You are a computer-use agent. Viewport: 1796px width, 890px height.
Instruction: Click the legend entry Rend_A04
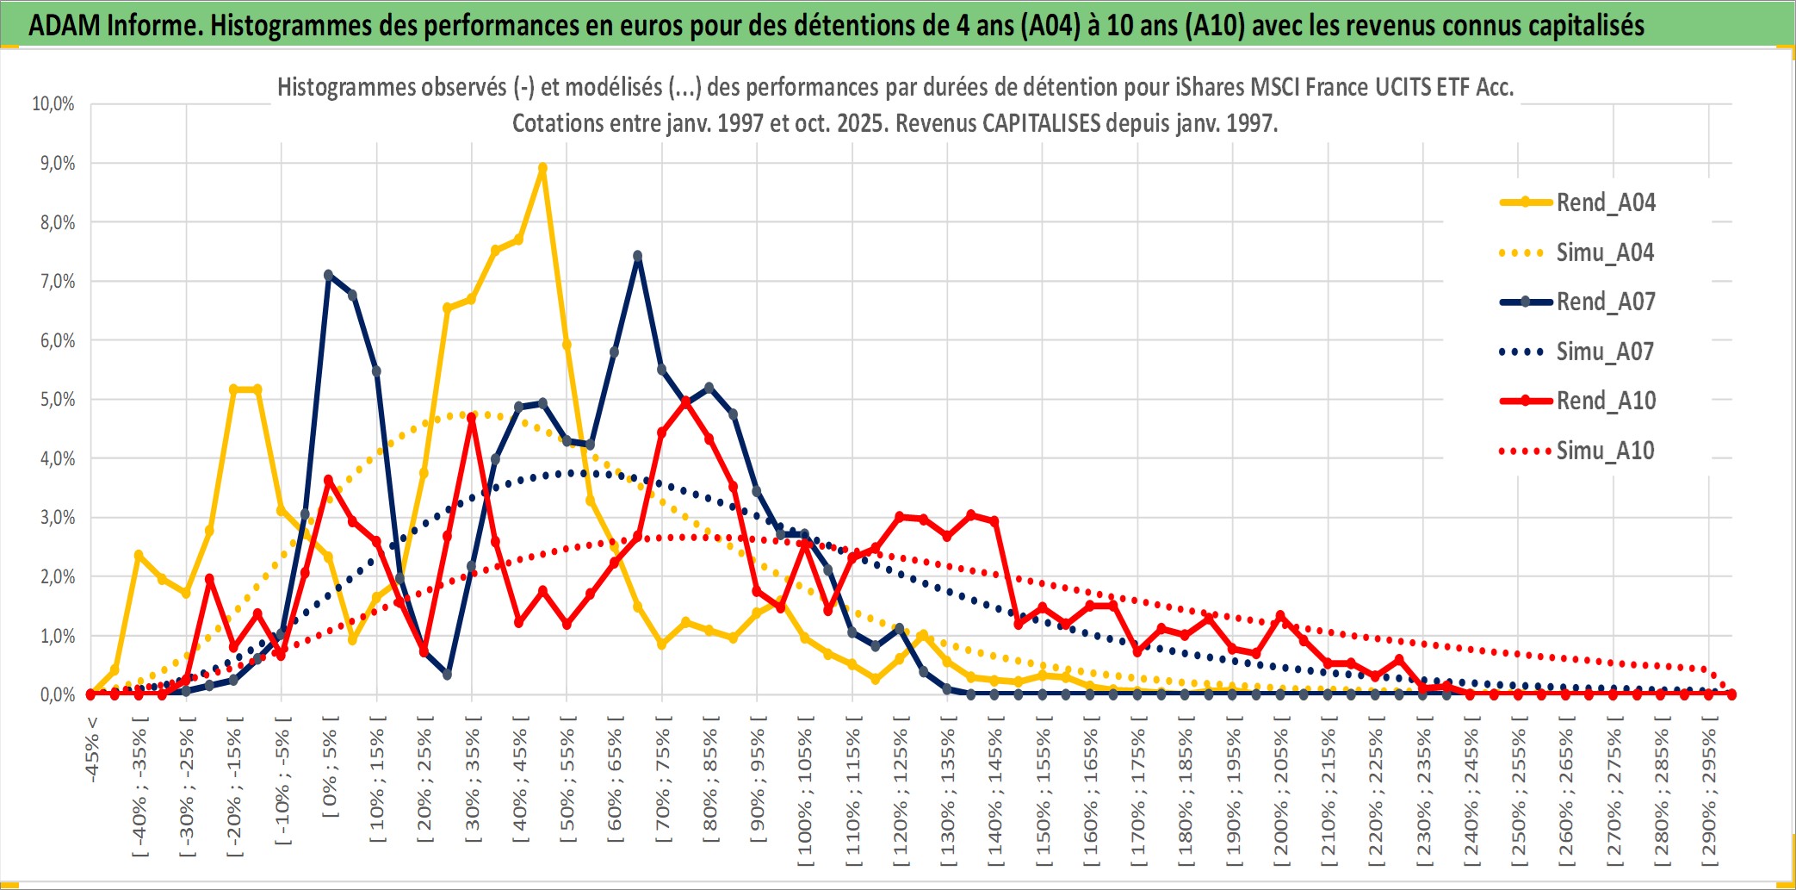pyautogui.click(x=1605, y=202)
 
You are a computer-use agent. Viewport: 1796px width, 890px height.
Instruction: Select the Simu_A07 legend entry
pyautogui.click(x=1604, y=352)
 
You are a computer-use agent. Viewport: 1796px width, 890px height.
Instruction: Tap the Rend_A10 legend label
pyautogui.click(x=1606, y=401)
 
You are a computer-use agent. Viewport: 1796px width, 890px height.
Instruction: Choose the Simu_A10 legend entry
pyautogui.click(x=1605, y=451)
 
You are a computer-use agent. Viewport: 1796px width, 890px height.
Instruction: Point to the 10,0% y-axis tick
pyautogui.click(x=53, y=104)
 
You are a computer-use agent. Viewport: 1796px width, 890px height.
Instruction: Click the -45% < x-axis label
pyautogui.click(x=92, y=750)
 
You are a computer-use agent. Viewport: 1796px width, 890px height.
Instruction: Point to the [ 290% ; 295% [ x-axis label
pyautogui.click(x=1709, y=793)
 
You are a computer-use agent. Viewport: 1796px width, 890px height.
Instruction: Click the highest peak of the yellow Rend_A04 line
pyautogui.click(x=542, y=169)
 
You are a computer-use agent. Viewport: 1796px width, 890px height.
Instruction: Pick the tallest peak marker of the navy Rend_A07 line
pyautogui.click(x=638, y=256)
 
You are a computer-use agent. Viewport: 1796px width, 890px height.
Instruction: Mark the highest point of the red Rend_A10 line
pyautogui.click(x=685, y=401)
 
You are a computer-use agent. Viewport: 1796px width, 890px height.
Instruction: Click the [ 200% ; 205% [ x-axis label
pyautogui.click(x=1281, y=793)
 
